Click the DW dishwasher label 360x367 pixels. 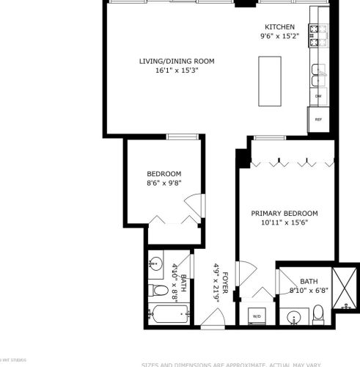(318, 96)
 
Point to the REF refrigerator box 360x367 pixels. (318, 119)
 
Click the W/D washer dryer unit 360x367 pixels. (257, 315)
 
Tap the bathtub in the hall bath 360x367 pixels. (169, 316)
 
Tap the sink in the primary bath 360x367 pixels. (293, 318)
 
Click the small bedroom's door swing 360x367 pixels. (192, 203)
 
